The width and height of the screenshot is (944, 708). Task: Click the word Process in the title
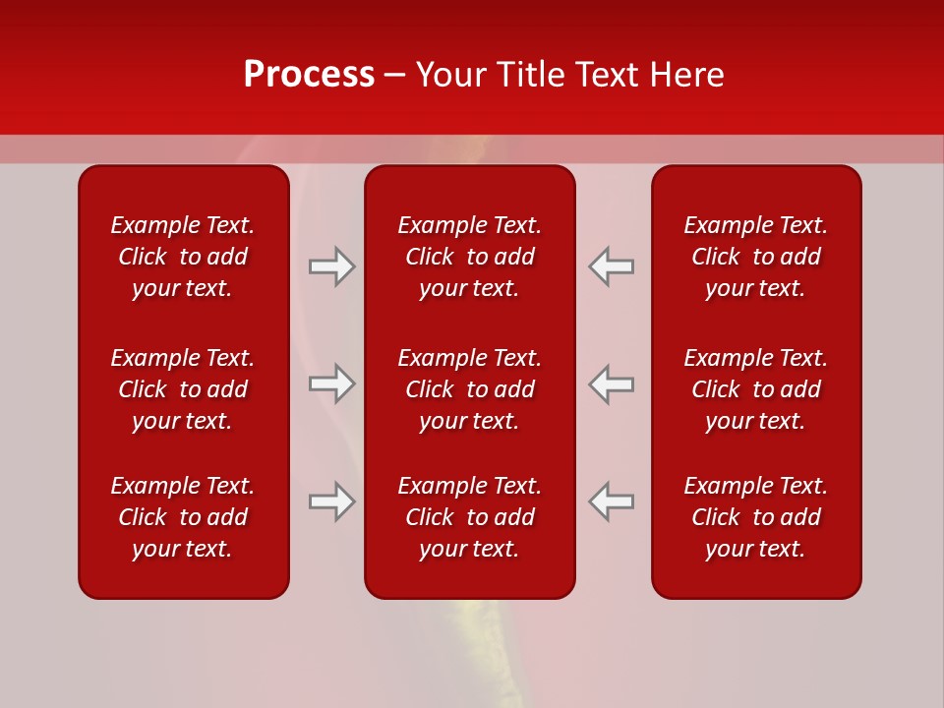309,75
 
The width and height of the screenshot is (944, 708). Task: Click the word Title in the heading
530,75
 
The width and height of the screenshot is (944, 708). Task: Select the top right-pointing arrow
332,266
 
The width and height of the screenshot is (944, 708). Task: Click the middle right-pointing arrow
332,383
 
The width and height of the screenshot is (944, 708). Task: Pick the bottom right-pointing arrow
332,501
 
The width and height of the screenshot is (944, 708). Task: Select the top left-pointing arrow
612,266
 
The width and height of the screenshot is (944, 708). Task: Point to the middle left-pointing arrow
612,383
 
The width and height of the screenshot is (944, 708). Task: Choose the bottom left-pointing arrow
612,501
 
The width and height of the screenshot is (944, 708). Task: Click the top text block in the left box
183,257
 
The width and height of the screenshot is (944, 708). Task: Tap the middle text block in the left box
183,389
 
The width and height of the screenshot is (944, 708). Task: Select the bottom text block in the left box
183,517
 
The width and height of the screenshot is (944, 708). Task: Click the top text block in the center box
470,257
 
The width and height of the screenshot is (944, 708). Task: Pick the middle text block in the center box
470,389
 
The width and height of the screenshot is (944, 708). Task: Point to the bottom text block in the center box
470,517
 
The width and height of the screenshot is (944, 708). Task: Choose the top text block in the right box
756,257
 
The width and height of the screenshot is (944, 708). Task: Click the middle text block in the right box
756,389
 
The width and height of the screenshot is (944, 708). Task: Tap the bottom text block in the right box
756,517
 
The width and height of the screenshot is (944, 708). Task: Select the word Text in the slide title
607,75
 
